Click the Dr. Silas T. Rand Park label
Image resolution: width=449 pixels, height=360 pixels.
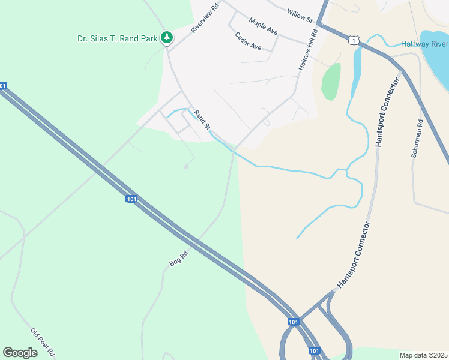tap(117, 38)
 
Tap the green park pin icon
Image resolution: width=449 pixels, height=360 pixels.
tap(167, 38)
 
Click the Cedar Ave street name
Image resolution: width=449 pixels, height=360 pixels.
tap(248, 41)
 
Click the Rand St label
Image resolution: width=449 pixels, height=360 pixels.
tap(202, 118)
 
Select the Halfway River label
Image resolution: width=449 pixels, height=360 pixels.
tap(424, 44)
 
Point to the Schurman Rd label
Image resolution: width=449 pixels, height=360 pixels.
tap(418, 138)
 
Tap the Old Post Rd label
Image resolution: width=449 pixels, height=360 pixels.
tap(43, 341)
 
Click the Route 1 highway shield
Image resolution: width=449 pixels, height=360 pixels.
tap(353, 40)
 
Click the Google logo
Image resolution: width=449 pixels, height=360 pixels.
tap(20, 352)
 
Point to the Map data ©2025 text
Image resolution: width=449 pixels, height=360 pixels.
tap(423, 355)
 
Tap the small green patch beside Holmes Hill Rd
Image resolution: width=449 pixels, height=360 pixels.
tap(331, 82)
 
